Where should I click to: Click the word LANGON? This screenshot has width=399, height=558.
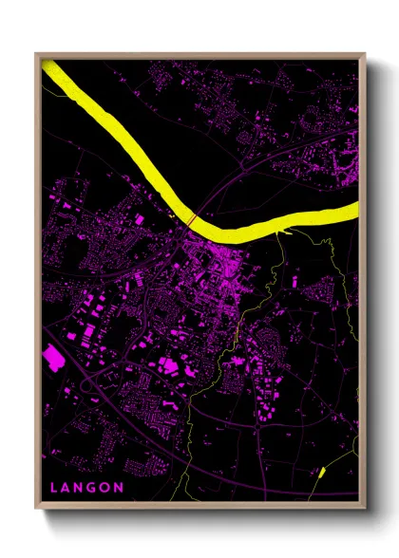(87, 488)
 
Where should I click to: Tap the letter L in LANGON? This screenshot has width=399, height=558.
(55, 488)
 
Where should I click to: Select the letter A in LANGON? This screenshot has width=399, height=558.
(67, 488)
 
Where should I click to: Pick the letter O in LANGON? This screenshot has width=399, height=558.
(105, 488)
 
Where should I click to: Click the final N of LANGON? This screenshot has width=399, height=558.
(119, 488)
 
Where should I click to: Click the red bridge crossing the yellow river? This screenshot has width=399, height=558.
(192, 220)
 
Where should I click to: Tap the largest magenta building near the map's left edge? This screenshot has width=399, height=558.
(53, 357)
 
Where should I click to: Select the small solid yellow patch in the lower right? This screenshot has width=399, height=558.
(321, 471)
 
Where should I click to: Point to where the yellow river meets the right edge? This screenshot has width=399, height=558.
(356, 210)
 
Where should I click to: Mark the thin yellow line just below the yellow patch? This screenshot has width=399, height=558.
(315, 484)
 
